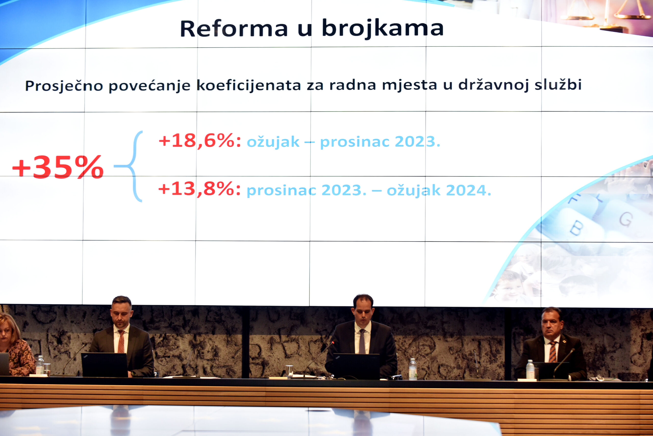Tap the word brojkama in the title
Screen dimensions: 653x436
click(383, 29)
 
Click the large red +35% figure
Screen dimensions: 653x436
click(58, 167)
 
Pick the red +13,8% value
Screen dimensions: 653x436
click(199, 189)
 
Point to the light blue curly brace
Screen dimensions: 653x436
click(129, 166)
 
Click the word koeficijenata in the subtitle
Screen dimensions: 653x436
click(248, 85)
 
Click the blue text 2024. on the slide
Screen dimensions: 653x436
click(468, 191)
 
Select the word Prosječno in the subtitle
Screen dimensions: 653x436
click(64, 86)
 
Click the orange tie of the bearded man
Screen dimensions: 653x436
click(121, 341)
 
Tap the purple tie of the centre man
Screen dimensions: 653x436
click(362, 341)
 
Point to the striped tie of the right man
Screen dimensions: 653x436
click(553, 352)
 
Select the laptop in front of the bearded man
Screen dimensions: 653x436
click(105, 365)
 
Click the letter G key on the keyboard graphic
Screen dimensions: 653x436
click(626, 219)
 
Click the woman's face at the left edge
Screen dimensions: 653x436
click(6, 332)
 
